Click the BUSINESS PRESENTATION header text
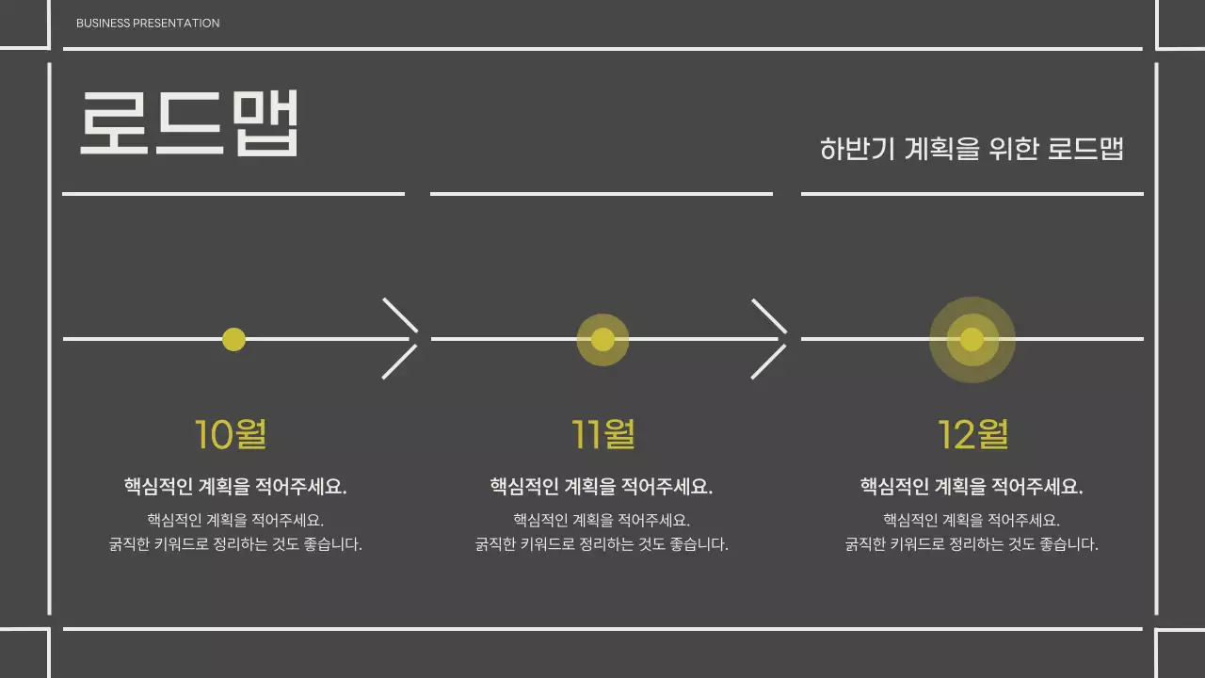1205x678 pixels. [148, 23]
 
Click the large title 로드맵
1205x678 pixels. [189, 123]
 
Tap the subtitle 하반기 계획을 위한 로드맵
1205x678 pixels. [972, 149]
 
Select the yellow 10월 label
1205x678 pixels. [231, 434]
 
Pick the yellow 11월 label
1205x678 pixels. [603, 434]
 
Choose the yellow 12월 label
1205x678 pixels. [972, 434]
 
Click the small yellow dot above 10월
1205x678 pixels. [233, 339]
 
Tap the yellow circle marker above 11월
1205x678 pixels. [602, 339]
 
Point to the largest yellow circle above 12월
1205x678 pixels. [972, 339]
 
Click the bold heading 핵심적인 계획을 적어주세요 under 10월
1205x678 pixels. [235, 487]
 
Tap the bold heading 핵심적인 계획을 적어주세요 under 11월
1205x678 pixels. [602, 487]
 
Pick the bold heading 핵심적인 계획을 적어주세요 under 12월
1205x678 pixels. [972, 487]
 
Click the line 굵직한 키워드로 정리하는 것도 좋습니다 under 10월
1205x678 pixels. [235, 544]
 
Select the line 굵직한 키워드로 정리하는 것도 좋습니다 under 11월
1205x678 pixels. [602, 544]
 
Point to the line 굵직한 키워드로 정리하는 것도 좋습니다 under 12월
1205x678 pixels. [972, 544]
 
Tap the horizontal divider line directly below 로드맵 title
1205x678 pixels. [233, 194]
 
